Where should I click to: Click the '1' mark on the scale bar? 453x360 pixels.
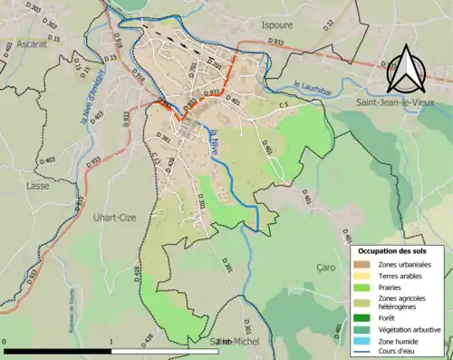[111, 341]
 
